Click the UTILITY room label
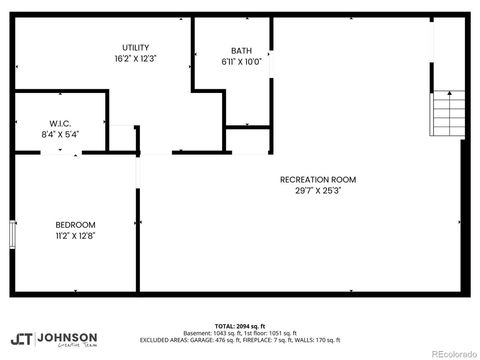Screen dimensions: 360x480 tap(136, 48)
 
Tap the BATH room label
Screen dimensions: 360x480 tap(241, 51)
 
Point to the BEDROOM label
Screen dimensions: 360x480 tap(75, 224)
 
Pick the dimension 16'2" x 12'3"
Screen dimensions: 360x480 tap(136, 60)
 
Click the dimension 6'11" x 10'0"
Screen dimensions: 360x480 tap(241, 62)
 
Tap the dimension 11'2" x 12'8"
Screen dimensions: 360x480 tap(75, 236)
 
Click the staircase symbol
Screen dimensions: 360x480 tap(447, 113)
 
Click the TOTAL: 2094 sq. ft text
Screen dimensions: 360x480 tap(239, 326)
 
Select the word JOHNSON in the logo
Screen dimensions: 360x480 tap(67, 337)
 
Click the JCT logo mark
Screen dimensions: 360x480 tap(21, 340)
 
